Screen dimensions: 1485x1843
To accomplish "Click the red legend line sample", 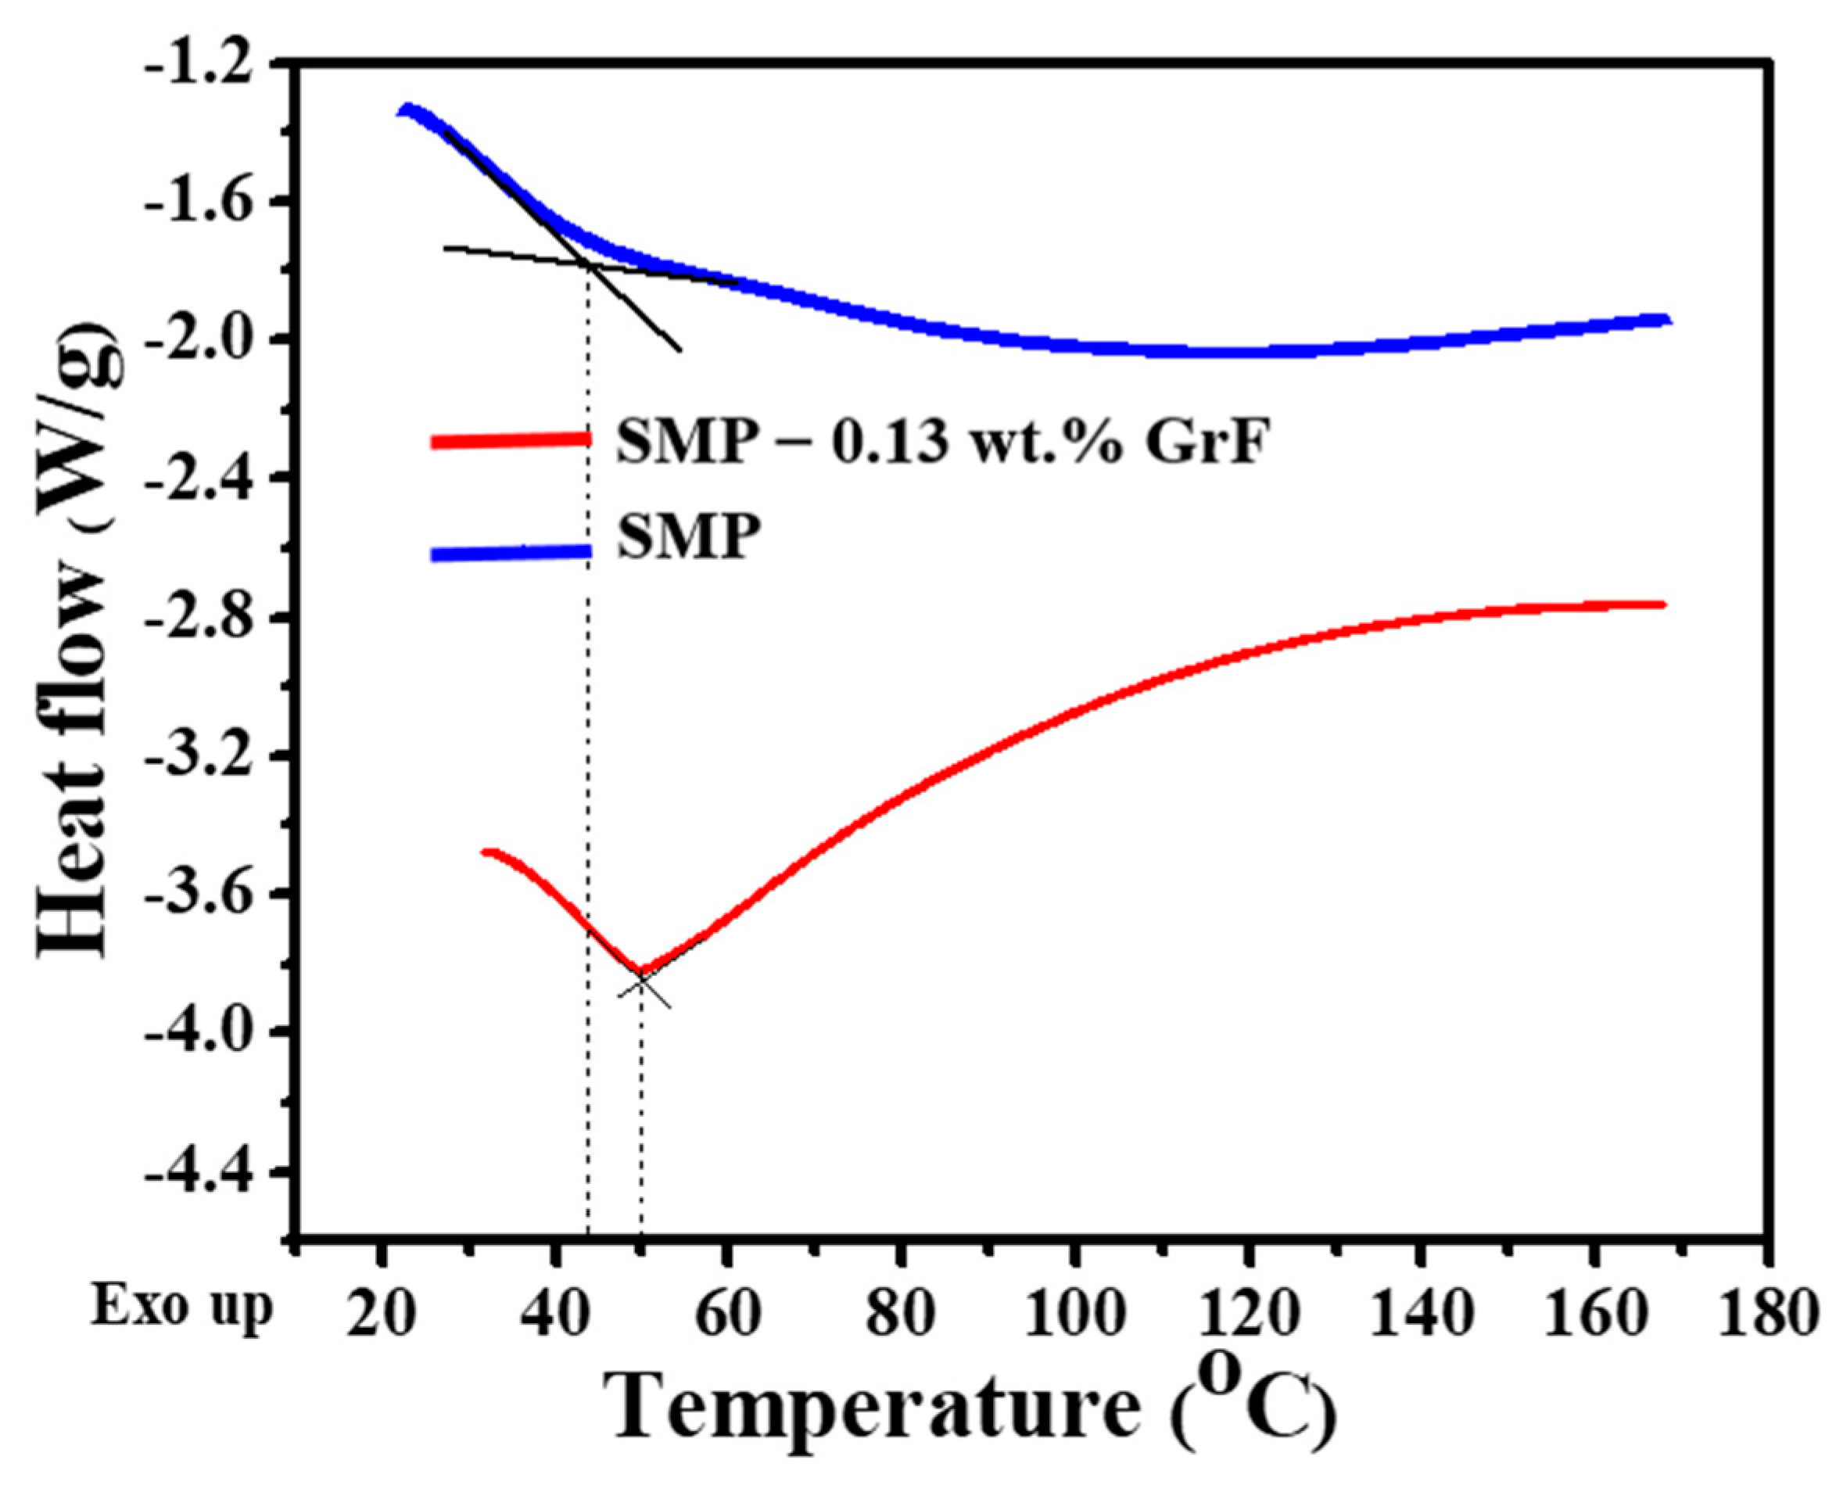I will point(511,439).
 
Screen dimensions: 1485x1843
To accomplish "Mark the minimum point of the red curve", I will point(640,970).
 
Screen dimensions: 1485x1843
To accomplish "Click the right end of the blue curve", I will point(1666,320).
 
